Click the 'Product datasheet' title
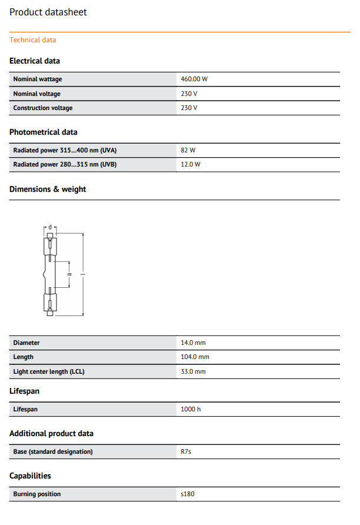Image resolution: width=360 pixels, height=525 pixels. click(48, 12)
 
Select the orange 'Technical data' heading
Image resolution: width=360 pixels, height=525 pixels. click(33, 40)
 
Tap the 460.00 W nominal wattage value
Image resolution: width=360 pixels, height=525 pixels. click(194, 79)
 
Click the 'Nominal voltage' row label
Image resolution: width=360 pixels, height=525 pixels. click(36, 94)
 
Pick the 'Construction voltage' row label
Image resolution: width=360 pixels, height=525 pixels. click(43, 108)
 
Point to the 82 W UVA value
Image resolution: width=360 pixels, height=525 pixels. click(188, 150)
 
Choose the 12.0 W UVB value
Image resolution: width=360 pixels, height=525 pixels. click(191, 164)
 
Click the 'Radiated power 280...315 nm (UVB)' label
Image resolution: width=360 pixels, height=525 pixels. click(65, 164)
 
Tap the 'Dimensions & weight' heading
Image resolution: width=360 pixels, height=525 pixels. click(48, 189)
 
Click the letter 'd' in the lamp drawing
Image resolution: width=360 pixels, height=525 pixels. click(51, 227)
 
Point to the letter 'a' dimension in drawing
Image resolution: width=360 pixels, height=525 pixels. click(69, 274)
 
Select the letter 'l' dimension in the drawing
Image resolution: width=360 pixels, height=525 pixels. click(83, 274)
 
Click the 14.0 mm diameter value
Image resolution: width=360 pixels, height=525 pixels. click(193, 343)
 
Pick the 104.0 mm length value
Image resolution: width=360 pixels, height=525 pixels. click(195, 357)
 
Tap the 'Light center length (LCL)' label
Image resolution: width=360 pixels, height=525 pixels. click(49, 371)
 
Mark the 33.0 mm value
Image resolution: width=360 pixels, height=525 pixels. click(193, 371)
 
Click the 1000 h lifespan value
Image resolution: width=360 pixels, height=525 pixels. click(191, 409)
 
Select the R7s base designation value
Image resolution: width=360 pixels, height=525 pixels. click(186, 451)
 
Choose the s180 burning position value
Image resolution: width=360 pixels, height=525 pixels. click(188, 494)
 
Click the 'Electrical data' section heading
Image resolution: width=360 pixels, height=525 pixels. click(35, 61)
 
